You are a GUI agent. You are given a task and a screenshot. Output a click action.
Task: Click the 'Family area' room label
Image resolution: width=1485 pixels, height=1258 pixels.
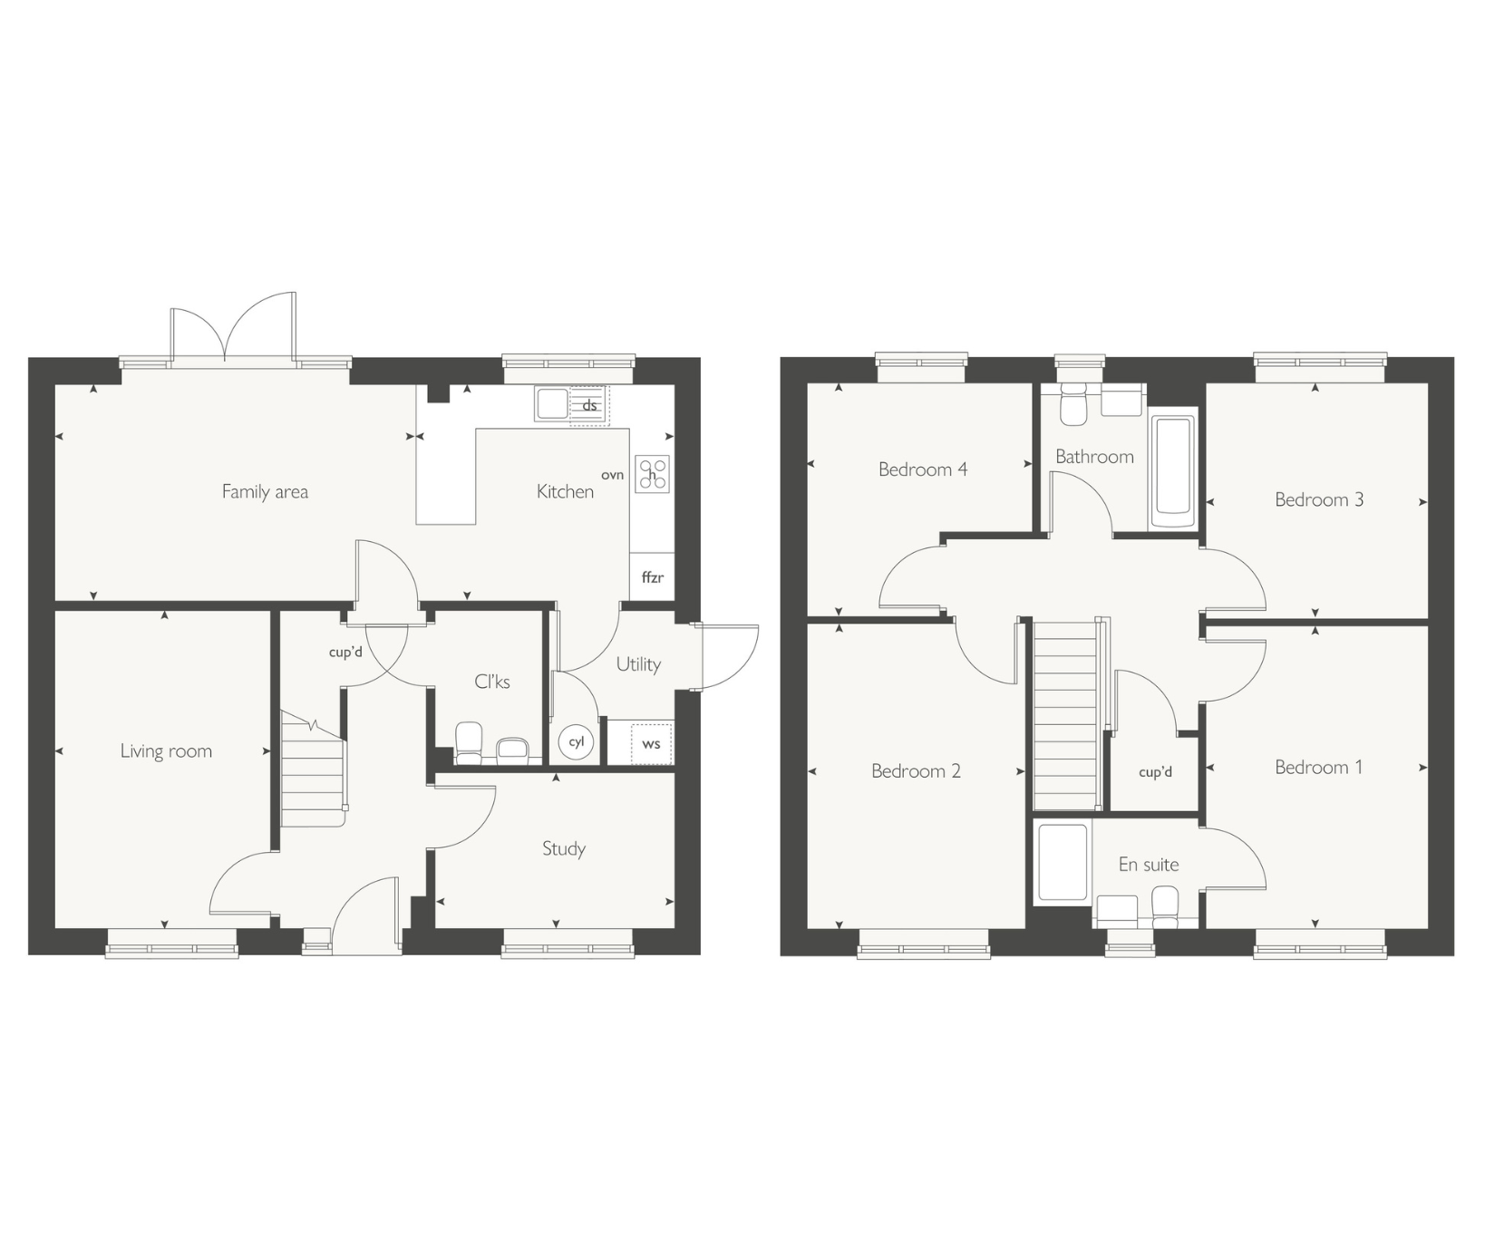(x=265, y=491)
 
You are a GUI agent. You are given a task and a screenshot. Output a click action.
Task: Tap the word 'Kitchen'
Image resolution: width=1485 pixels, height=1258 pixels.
(x=565, y=491)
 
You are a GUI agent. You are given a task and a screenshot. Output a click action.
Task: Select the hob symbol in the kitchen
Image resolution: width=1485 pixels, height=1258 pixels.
(x=652, y=474)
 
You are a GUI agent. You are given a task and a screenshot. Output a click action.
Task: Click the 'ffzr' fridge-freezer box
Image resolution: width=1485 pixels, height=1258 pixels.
(x=652, y=576)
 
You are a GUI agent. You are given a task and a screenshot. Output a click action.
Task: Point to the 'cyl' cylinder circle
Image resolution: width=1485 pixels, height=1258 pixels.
(x=576, y=741)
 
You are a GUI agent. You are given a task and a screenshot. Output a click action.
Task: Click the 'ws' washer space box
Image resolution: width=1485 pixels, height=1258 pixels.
(x=651, y=743)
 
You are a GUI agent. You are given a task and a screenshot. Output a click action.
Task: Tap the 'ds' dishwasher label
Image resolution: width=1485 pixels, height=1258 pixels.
(x=589, y=405)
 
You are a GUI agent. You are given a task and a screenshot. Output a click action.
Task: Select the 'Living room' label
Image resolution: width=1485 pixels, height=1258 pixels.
(x=166, y=750)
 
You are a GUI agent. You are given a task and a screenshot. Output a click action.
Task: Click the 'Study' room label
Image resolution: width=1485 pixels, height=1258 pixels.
(x=564, y=848)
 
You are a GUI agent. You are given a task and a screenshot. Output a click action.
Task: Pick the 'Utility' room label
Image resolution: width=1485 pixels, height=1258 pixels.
(x=638, y=664)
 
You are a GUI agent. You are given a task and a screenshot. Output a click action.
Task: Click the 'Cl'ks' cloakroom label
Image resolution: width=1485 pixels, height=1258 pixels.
(x=492, y=682)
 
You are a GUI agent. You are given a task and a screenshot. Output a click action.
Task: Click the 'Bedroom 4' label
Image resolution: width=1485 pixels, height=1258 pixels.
(x=923, y=469)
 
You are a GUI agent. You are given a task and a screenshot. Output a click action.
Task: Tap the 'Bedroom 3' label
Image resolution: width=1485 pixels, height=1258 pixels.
(x=1319, y=499)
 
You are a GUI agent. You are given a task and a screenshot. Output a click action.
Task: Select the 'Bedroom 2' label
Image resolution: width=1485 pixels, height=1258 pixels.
(x=916, y=771)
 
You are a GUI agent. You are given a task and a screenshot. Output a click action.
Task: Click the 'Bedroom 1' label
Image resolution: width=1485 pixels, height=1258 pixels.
(x=1319, y=768)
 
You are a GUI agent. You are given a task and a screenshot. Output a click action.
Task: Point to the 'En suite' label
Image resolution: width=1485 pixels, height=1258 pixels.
(x=1149, y=865)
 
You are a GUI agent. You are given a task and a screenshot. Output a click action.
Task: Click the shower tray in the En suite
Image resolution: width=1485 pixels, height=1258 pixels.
(x=1063, y=862)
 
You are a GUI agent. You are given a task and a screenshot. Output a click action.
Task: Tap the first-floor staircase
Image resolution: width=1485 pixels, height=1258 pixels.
(x=1065, y=715)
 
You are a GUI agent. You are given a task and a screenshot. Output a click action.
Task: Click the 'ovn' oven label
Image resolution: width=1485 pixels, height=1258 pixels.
(x=612, y=475)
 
